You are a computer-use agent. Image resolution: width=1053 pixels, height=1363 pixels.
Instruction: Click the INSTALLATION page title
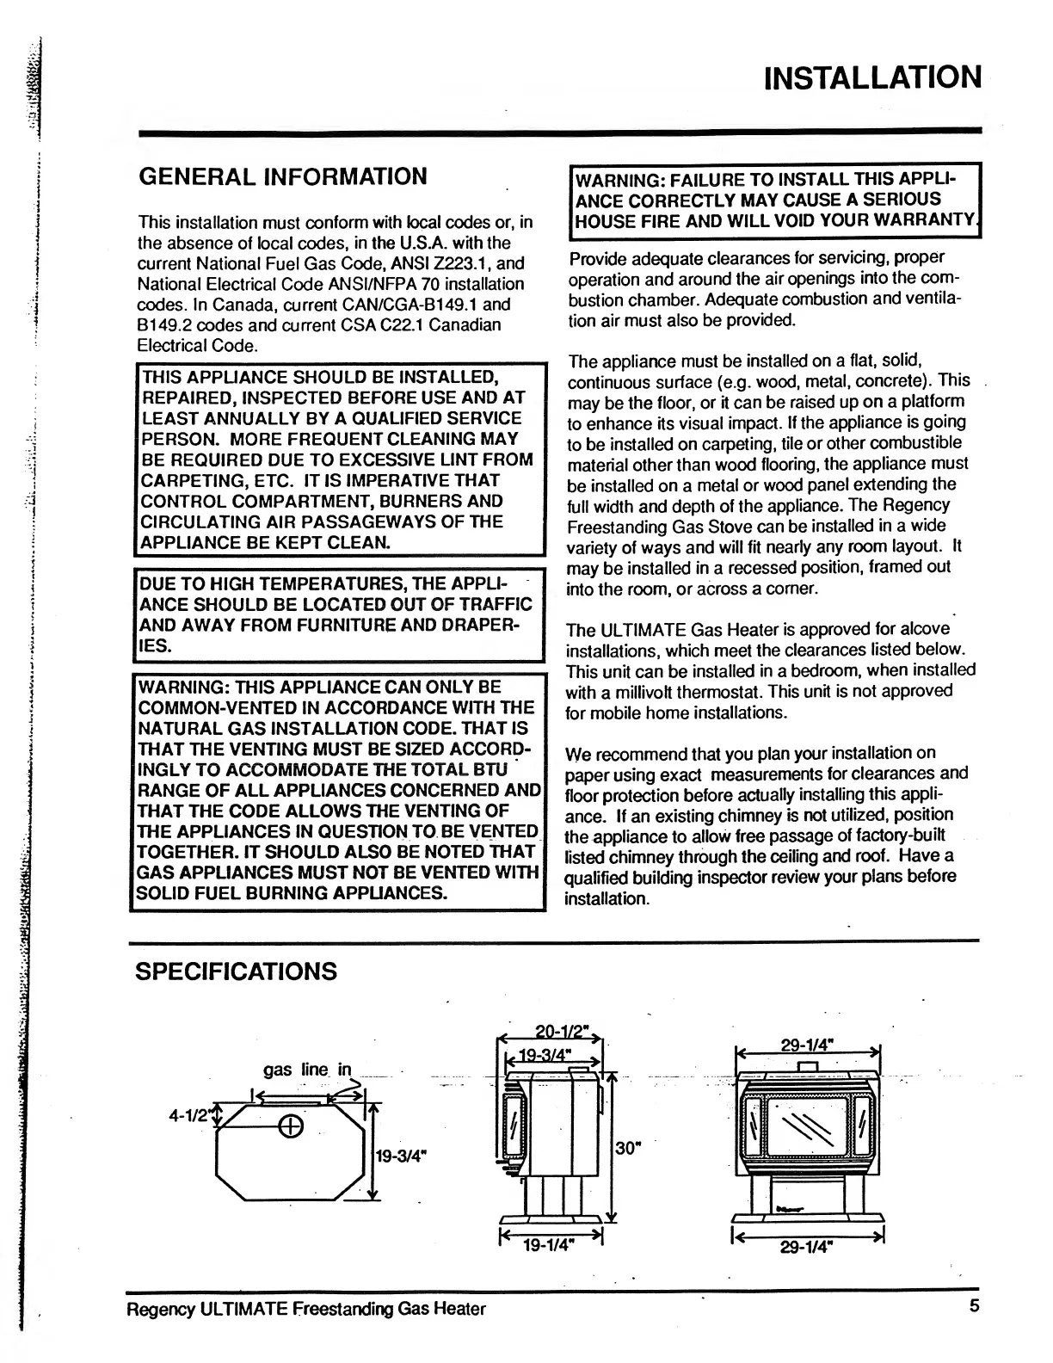[872, 77]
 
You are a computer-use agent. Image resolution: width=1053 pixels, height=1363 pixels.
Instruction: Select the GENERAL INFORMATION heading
[283, 176]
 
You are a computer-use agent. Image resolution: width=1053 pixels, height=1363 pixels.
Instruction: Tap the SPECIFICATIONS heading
[237, 971]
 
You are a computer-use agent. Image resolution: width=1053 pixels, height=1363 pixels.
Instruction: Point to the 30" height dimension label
[630, 1147]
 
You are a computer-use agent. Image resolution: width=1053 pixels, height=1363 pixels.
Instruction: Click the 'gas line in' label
[308, 1070]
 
